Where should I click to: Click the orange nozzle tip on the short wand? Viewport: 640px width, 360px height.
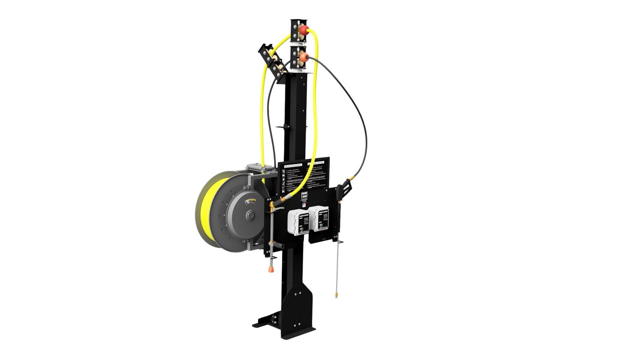pyautogui.click(x=271, y=269)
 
